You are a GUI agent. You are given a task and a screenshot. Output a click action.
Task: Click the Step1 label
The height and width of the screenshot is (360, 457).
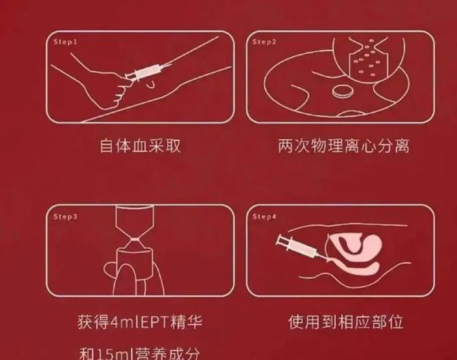[x=65, y=42]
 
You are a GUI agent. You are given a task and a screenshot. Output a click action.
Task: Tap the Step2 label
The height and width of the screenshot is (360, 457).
[x=264, y=42]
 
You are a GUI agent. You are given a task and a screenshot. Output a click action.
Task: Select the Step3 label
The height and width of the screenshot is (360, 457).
[x=65, y=217]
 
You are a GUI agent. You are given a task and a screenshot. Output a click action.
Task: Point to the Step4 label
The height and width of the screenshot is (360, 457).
[x=264, y=217]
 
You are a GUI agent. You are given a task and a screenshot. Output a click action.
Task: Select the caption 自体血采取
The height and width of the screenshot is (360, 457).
[x=140, y=146]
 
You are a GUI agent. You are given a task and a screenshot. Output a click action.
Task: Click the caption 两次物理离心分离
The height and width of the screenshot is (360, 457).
[x=344, y=146]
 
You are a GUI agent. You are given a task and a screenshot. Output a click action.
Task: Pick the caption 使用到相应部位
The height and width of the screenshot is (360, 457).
[x=346, y=322]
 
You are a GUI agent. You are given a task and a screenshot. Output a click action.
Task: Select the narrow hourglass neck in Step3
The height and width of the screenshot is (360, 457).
[x=134, y=239]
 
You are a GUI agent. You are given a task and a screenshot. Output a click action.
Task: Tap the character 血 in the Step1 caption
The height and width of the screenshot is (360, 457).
[x=140, y=146]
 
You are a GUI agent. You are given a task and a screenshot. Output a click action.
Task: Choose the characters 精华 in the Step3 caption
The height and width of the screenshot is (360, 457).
[x=187, y=322]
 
